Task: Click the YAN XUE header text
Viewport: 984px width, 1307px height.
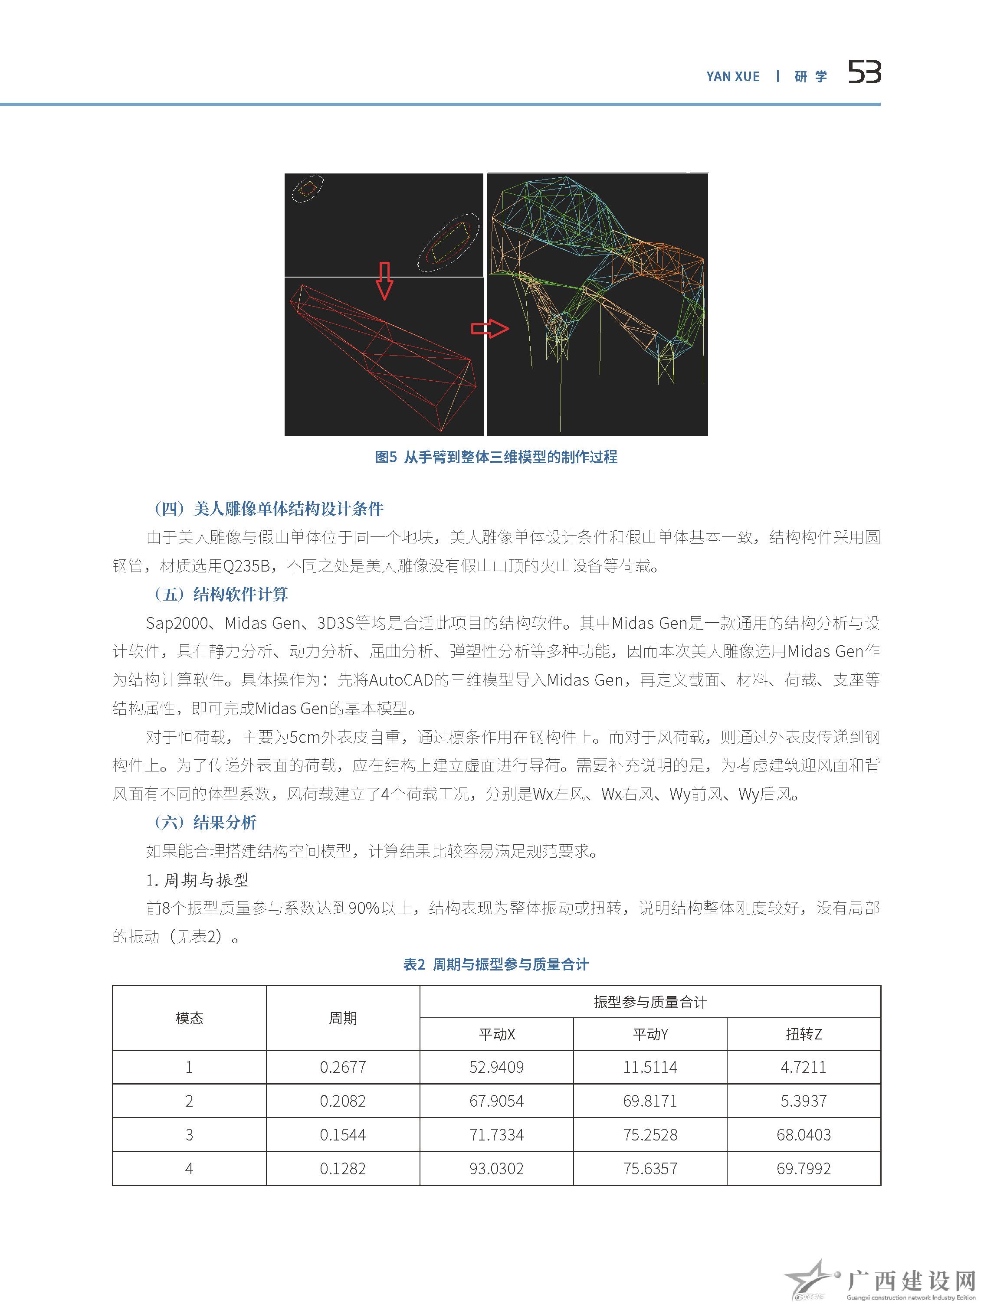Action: [733, 76]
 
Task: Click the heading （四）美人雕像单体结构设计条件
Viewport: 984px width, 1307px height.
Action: [268, 509]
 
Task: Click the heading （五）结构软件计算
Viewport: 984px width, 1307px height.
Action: [220, 595]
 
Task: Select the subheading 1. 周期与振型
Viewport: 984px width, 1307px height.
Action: [197, 880]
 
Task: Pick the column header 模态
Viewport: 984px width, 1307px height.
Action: [189, 1018]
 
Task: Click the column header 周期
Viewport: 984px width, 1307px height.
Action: [343, 1018]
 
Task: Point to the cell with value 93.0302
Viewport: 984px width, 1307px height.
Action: [496, 1168]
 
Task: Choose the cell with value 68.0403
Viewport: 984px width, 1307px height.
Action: [804, 1134]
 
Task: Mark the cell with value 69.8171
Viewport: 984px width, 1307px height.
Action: [650, 1101]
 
